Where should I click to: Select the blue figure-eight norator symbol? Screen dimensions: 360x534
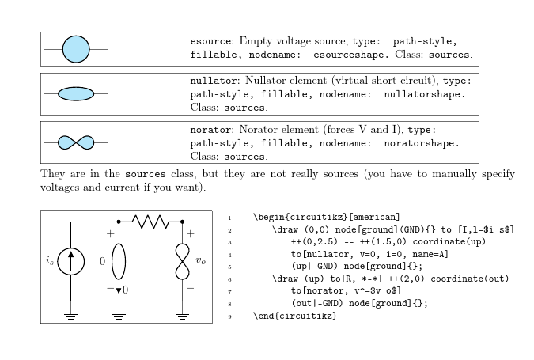coord(76,142)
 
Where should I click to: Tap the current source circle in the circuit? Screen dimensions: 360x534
coord(71,262)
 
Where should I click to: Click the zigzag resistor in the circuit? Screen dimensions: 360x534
coord(150,222)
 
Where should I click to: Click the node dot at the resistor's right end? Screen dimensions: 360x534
coord(183,222)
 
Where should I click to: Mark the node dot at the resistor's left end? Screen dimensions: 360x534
coord(119,222)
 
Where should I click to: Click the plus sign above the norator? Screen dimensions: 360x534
coord(191,235)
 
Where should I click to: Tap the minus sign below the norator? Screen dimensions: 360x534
coord(191,289)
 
